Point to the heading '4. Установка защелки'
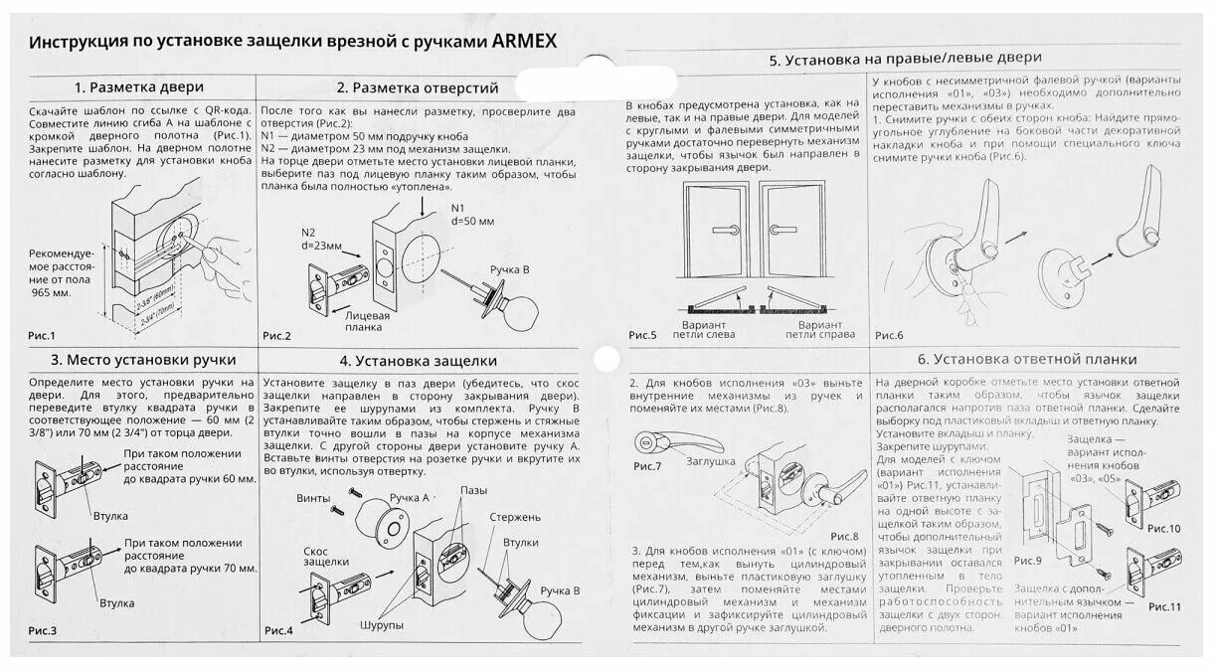(x=418, y=360)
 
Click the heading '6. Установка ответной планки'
(x=1027, y=359)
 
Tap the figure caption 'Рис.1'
(x=41, y=336)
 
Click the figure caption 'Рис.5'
(x=643, y=336)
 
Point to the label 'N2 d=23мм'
(x=322, y=238)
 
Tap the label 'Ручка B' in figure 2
(x=510, y=269)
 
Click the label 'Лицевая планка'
(x=366, y=320)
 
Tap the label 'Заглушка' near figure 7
(x=710, y=461)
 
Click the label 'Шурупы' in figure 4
(x=382, y=624)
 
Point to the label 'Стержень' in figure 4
(x=515, y=517)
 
